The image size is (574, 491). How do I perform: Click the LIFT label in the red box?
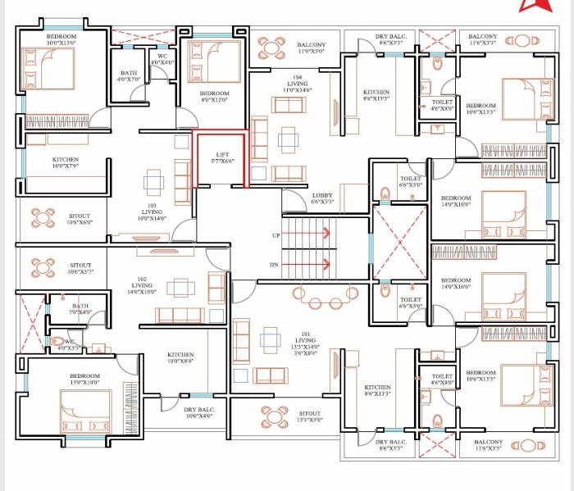click(221, 157)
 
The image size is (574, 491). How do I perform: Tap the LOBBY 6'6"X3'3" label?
click(322, 198)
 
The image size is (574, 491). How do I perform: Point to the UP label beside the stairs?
click(276, 235)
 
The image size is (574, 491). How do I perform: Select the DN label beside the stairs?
click(275, 265)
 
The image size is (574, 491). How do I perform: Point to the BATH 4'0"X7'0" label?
click(128, 76)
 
